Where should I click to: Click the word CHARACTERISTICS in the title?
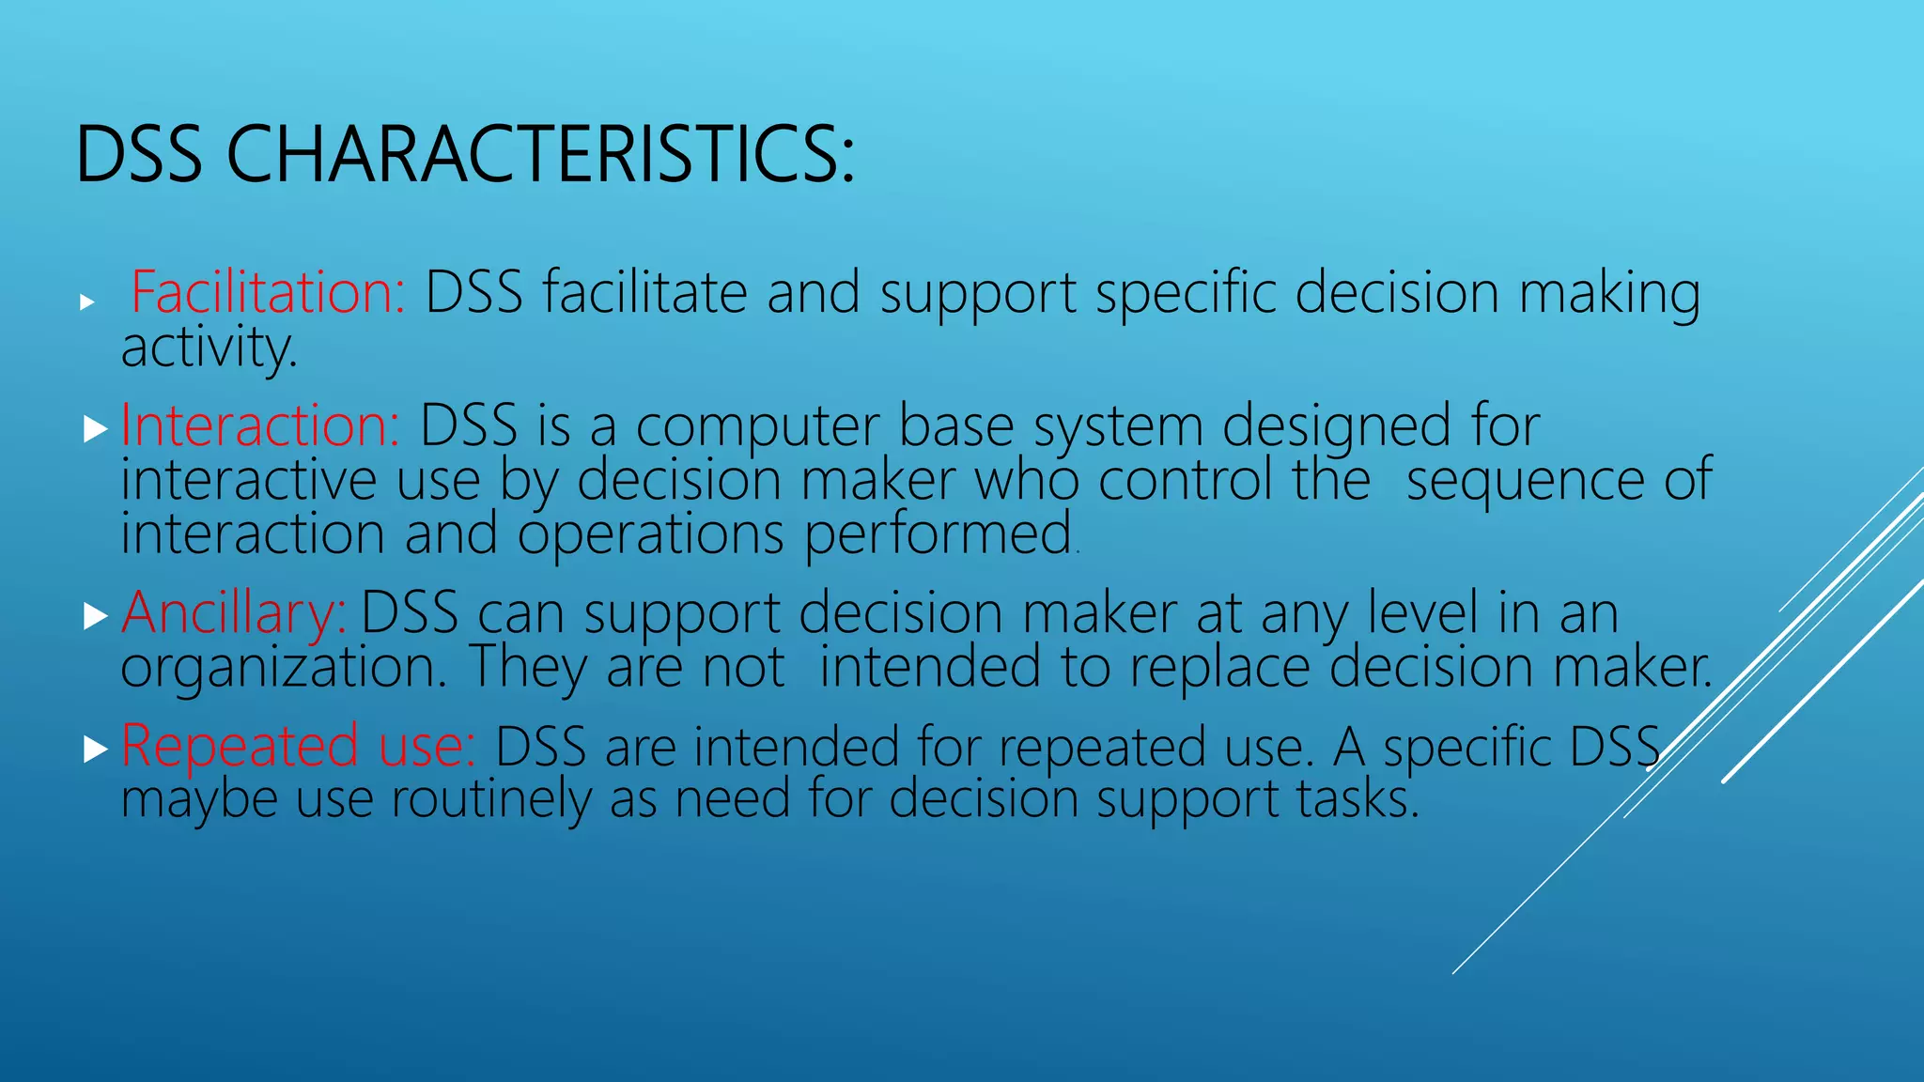pos(540,155)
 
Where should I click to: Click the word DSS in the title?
pos(138,155)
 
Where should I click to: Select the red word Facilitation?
pos(268,292)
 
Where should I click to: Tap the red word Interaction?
pos(260,425)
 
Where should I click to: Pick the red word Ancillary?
pos(234,613)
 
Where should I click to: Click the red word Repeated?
pos(240,747)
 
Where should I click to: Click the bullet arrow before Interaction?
pos(95,430)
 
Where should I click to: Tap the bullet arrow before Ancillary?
pos(95,617)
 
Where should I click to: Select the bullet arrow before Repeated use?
pos(95,750)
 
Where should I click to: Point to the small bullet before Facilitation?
pos(87,302)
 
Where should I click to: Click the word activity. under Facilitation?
pos(209,348)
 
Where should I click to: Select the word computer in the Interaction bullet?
pos(757,427)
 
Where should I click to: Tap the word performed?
pos(939,535)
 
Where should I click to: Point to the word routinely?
pos(490,800)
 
